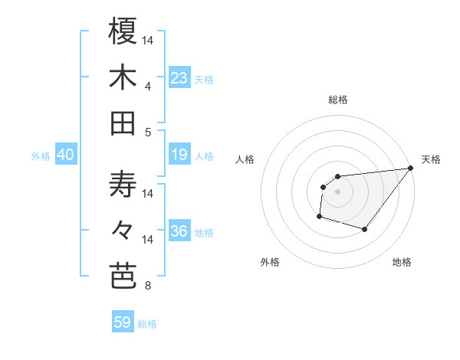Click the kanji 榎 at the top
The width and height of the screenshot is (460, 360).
point(123,31)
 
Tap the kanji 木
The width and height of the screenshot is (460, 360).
point(123,78)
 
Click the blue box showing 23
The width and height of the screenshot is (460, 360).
point(179,78)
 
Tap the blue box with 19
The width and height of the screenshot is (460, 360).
point(179,155)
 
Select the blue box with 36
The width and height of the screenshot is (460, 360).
point(179,232)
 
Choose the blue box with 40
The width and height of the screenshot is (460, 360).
point(66,155)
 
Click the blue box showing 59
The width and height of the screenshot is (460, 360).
point(123,322)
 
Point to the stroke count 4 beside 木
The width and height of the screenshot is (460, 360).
point(148,87)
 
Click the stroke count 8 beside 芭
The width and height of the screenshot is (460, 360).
point(148,286)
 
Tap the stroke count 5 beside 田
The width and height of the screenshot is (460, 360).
point(148,133)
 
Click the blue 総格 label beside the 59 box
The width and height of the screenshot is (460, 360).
point(147,323)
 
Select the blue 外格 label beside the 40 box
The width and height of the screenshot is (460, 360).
point(41,156)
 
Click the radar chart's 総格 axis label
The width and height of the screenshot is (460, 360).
point(338,100)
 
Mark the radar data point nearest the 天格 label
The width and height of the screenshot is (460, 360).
point(410,169)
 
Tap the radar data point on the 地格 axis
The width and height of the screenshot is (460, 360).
point(365,229)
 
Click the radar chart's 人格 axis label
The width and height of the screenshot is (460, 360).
point(245,159)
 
